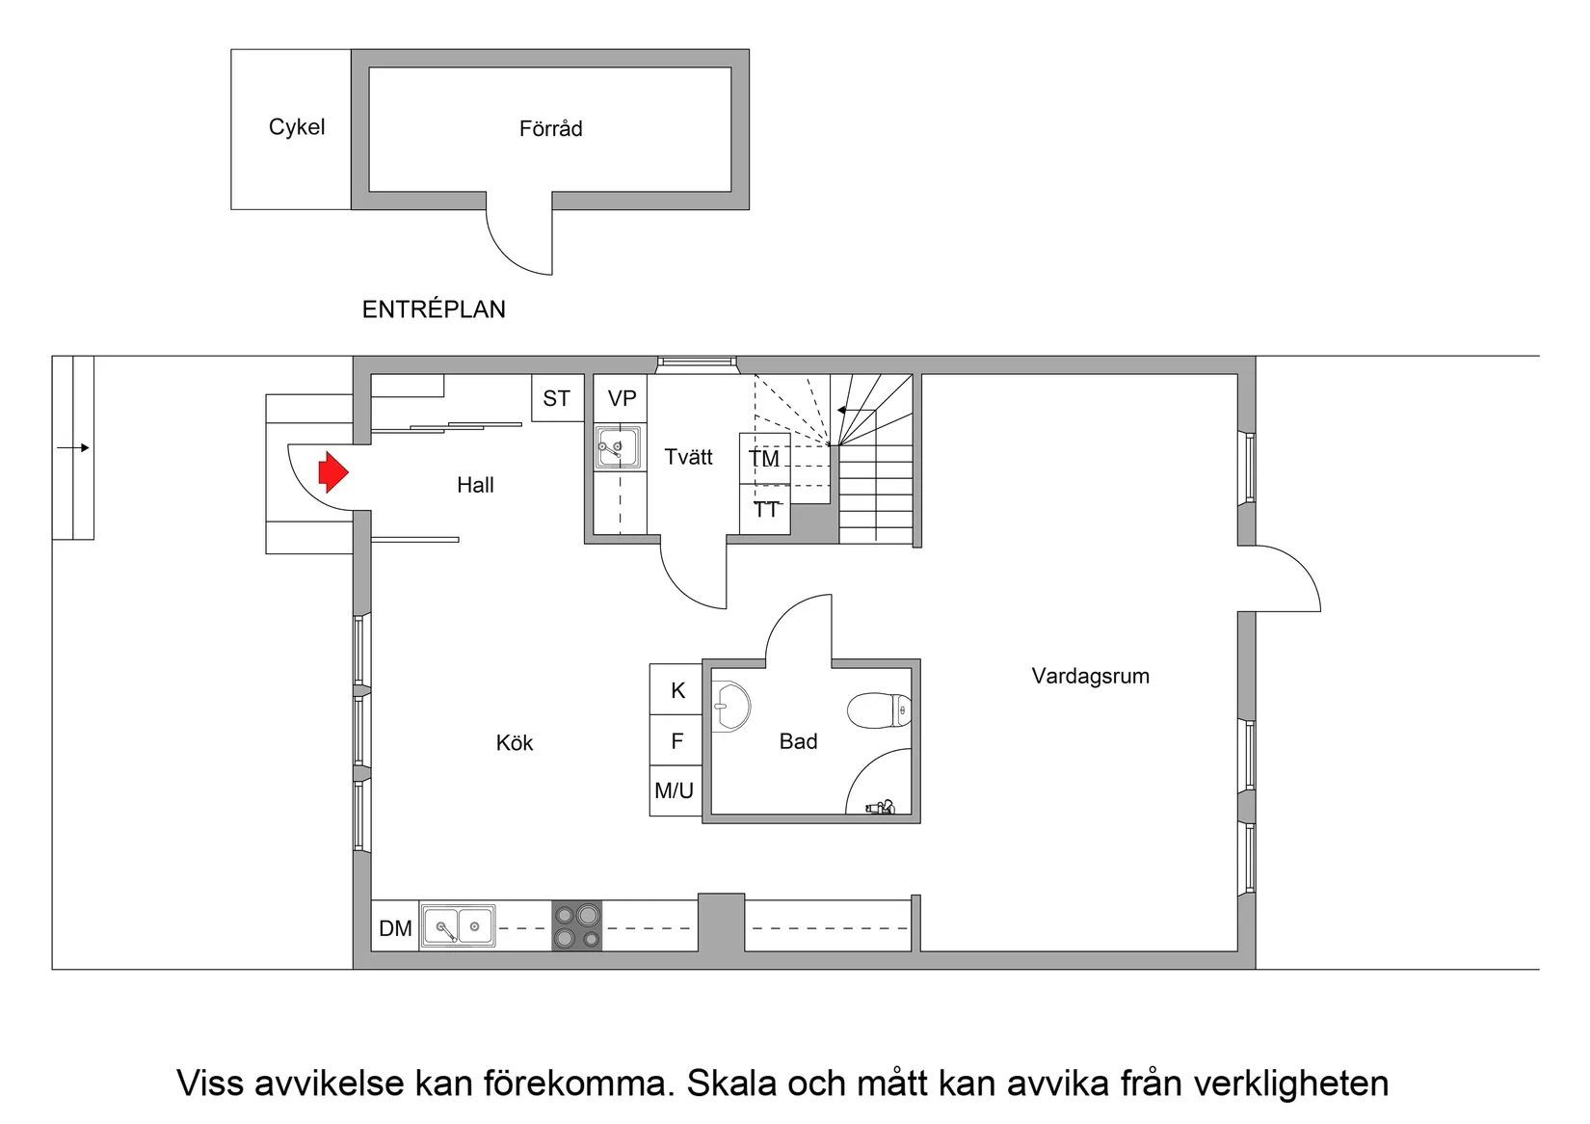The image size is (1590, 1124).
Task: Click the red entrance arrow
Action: click(x=332, y=471)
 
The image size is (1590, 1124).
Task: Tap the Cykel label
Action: click(x=297, y=127)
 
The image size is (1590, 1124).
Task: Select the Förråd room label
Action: click(x=550, y=129)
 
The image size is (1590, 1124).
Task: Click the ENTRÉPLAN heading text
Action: click(x=434, y=309)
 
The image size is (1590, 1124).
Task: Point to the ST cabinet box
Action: click(x=557, y=398)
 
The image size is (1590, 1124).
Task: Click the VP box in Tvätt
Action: click(x=622, y=398)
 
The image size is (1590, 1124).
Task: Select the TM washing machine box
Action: click(x=764, y=459)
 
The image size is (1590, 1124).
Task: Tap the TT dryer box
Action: click(x=765, y=509)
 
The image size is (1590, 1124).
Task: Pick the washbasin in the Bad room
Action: click(x=731, y=706)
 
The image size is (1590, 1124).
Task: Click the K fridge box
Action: click(x=677, y=690)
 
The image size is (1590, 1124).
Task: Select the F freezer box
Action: click(x=676, y=741)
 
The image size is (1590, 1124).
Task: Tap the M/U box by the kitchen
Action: click(x=675, y=791)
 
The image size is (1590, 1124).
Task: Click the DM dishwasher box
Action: click(x=395, y=928)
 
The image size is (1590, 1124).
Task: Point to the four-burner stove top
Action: click(x=576, y=926)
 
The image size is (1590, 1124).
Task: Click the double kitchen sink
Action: click(x=459, y=926)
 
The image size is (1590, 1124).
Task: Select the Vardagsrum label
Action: click(x=1090, y=676)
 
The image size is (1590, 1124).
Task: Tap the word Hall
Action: click(x=475, y=485)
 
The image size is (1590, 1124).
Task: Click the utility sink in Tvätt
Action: click(x=617, y=447)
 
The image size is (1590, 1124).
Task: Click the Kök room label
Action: click(x=515, y=743)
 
